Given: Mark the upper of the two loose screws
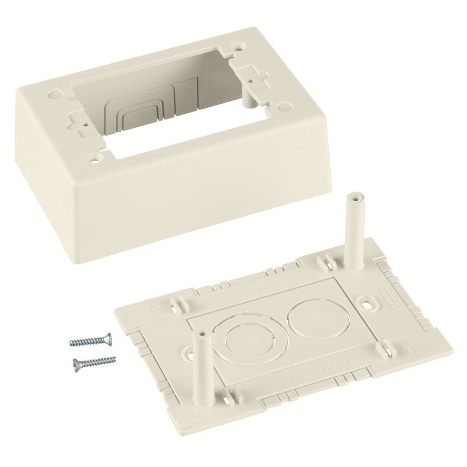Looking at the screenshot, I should click(x=91, y=340).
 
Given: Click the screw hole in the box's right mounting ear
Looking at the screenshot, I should click(x=251, y=80).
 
